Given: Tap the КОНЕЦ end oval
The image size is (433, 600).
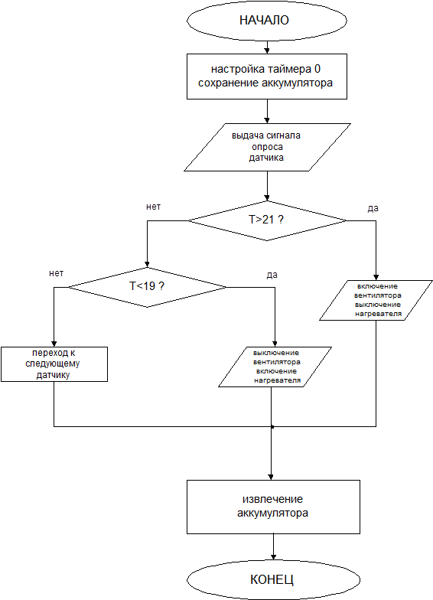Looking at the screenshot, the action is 273,579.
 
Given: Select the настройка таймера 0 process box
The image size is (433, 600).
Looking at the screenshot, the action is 266,77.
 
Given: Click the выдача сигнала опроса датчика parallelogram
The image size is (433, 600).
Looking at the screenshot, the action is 267,147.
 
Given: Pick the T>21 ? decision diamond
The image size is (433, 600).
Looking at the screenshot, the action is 267,220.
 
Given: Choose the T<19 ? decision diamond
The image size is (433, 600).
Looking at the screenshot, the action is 147,287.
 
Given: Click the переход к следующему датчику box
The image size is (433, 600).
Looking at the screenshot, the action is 54,364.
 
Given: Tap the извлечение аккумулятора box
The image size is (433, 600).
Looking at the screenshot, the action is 273,507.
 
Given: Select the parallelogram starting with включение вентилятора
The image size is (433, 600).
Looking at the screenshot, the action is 376,300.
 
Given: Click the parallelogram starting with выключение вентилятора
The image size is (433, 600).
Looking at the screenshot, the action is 275,367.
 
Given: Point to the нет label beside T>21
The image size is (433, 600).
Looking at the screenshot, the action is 153,207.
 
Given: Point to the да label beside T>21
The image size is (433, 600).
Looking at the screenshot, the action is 373,208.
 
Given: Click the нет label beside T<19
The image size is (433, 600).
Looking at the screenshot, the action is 57,273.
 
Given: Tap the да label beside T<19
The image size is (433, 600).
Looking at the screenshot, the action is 272,275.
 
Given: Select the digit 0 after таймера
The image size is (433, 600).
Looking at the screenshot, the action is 317,69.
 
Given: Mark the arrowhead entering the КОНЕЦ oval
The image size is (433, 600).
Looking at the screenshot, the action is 273,557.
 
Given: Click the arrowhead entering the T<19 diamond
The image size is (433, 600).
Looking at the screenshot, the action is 147,265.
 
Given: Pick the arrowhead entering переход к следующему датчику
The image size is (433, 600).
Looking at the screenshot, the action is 54,344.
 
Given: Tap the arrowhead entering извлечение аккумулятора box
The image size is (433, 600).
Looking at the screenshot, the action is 271,478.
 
